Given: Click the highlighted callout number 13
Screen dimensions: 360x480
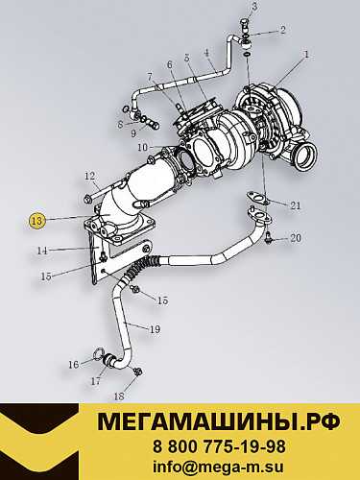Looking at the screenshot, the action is pyautogui.click(x=36, y=221).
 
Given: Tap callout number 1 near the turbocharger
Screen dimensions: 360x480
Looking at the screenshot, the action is pyautogui.click(x=306, y=55).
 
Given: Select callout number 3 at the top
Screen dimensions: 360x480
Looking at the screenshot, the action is pyautogui.click(x=254, y=7).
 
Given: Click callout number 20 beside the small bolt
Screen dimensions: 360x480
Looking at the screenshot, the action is pyautogui.click(x=295, y=238).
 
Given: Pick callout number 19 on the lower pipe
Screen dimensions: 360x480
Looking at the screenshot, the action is pyautogui.click(x=155, y=329).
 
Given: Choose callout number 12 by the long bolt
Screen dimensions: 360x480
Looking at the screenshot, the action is pyautogui.click(x=90, y=176).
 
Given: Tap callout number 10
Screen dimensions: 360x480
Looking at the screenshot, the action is pyautogui.click(x=143, y=148).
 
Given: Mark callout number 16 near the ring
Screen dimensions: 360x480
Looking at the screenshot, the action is pyautogui.click(x=74, y=364).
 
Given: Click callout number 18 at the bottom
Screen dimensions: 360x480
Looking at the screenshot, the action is pyautogui.click(x=119, y=396).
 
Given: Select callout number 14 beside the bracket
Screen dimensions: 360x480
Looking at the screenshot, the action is pyautogui.click(x=42, y=251).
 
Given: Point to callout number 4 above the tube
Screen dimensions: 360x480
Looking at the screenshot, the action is pyautogui.click(x=206, y=53).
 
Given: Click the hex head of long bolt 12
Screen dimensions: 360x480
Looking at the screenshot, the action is pyautogui.click(x=87, y=201).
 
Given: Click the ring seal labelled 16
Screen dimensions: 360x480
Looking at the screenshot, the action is pyautogui.click(x=97, y=354).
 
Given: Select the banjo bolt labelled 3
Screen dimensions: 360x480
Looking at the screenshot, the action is pyautogui.click(x=245, y=25).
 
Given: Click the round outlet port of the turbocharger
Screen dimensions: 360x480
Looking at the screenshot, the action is pyautogui.click(x=306, y=156).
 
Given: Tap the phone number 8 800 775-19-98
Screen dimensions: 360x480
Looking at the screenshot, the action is pyautogui.click(x=219, y=446).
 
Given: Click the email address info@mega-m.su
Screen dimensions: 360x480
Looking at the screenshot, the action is pyautogui.click(x=218, y=467).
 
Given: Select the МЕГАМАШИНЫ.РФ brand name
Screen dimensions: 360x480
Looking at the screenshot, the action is pyautogui.click(x=219, y=421).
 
